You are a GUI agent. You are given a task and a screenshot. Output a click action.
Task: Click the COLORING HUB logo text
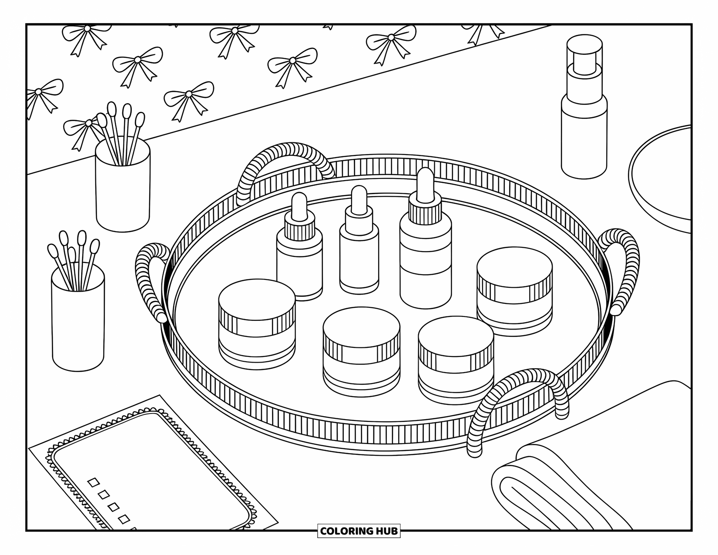(359, 531)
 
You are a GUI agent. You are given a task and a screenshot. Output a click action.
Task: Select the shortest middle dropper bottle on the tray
(359, 257)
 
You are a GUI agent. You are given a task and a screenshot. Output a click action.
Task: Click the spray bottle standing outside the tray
(584, 131)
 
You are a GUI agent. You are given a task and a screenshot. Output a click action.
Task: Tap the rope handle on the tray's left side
(147, 279)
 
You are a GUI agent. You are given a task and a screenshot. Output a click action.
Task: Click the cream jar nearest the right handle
(514, 296)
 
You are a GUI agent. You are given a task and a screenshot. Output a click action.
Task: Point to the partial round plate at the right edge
(661, 174)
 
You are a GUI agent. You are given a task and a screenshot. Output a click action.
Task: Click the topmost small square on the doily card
(93, 482)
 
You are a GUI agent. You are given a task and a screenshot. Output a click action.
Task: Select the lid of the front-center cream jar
(362, 326)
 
